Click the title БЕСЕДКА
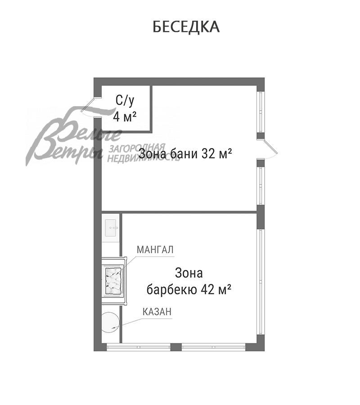(186, 27)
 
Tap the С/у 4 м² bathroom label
(125, 108)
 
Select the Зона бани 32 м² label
(185, 154)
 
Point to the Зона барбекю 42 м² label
(189, 281)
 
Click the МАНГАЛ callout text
(155, 249)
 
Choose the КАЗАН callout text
(157, 311)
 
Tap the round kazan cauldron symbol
(110, 322)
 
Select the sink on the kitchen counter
(111, 229)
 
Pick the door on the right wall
(270, 149)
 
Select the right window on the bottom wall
(214, 347)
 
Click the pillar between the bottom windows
(176, 347)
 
